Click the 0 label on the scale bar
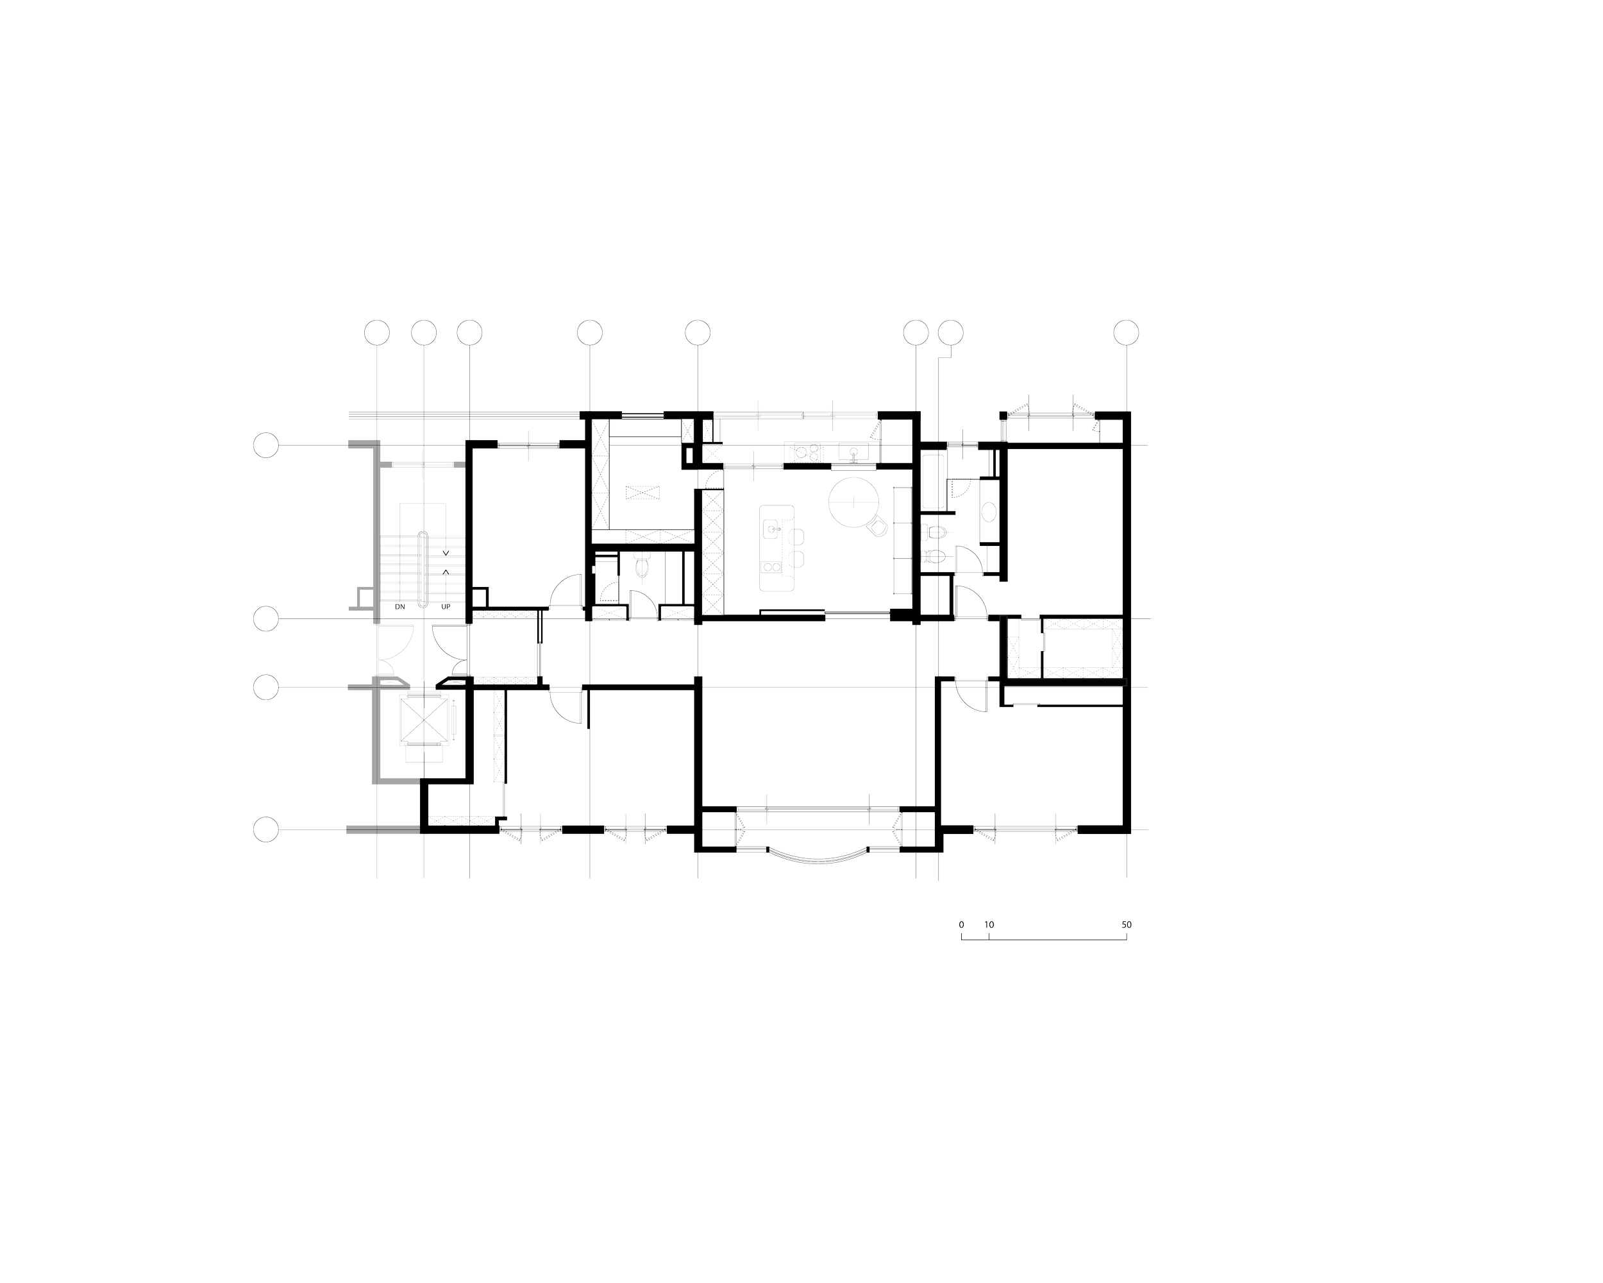(x=961, y=925)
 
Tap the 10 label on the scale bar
(x=989, y=925)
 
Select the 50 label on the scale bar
(x=1127, y=925)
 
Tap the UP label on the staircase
(x=447, y=607)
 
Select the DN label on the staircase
(x=399, y=607)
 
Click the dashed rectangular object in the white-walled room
(x=642, y=493)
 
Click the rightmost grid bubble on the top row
(x=1127, y=332)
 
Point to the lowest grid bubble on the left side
(x=266, y=829)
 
